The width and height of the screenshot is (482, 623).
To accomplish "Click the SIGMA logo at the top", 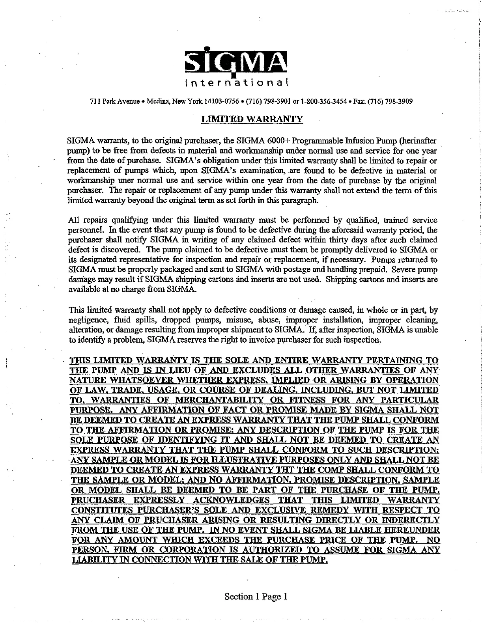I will pyautogui.click(x=236, y=63).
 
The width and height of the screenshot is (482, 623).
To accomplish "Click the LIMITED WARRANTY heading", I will pyautogui.click(x=252, y=119).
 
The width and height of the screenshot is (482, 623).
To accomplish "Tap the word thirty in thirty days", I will pyautogui.click(x=340, y=240).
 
